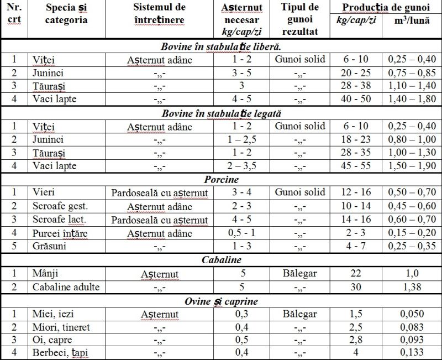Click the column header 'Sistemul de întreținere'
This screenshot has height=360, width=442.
tap(159, 14)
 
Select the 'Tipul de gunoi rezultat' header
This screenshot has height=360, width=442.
tap(300, 19)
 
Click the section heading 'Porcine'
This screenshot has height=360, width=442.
tap(220, 180)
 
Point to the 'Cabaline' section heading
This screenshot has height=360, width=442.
tap(220, 260)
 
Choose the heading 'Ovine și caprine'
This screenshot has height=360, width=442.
tap(220, 301)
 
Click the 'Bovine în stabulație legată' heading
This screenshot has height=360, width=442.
tap(220, 113)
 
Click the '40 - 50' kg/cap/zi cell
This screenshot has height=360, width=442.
tap(356, 100)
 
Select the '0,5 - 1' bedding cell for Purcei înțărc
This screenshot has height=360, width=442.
tap(242, 233)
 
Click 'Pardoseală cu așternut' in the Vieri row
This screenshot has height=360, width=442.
tap(159, 193)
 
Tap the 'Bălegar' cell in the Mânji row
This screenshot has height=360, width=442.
tap(300, 273)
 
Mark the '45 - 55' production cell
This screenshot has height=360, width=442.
tap(356, 166)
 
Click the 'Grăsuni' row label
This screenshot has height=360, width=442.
tap(49, 246)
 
